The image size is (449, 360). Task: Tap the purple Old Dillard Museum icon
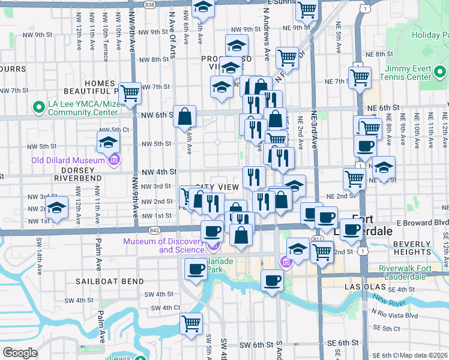(x=114, y=160)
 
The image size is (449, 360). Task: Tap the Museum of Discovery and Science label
(x=163, y=246)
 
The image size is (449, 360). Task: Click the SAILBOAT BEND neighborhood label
(x=110, y=281)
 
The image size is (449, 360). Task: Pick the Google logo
(x=20, y=353)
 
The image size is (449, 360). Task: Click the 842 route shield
(x=155, y=230)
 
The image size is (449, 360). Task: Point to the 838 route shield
(x=150, y=4)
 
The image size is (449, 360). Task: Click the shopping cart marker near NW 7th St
(x=130, y=93)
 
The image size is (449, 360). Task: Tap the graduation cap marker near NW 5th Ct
(x=108, y=142)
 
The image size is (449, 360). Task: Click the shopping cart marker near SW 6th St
(x=191, y=324)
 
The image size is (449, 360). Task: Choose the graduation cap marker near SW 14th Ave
(x=56, y=208)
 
